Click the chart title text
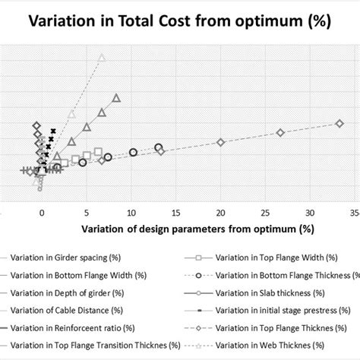click(179, 21)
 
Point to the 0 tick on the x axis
click(43, 212)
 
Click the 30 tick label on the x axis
click(309, 212)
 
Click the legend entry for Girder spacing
click(61, 257)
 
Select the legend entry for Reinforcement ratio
click(65, 327)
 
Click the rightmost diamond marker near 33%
click(339, 123)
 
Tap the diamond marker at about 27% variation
click(280, 133)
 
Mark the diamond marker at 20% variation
click(221, 143)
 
